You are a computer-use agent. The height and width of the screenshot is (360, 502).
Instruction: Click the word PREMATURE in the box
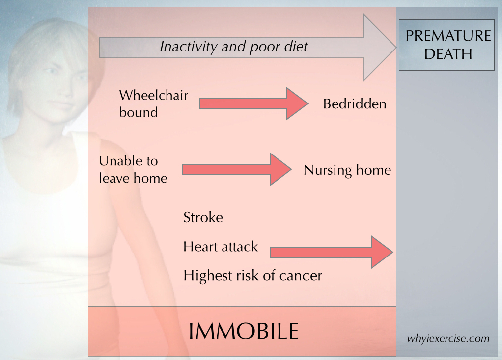click(x=448, y=36)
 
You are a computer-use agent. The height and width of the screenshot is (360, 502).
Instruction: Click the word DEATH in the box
click(x=448, y=54)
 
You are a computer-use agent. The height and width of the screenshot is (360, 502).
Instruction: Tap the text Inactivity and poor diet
click(x=234, y=47)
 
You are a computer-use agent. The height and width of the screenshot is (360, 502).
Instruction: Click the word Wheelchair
click(x=154, y=95)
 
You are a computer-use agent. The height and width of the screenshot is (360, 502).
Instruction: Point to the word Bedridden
click(x=354, y=103)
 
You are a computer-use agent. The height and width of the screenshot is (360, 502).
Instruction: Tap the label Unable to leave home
click(x=133, y=169)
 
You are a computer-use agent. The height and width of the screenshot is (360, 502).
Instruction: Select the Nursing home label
click(x=347, y=170)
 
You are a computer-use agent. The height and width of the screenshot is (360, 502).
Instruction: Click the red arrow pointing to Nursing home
click(x=237, y=169)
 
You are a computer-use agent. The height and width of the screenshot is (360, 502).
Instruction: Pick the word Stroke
click(x=203, y=217)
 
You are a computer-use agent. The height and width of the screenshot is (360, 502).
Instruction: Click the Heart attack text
click(x=221, y=247)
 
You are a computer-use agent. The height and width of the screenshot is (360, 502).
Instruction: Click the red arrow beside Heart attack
click(x=332, y=252)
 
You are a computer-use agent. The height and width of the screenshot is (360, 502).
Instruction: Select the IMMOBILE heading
click(x=244, y=331)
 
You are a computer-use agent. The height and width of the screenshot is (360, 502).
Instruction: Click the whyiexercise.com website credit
click(x=448, y=339)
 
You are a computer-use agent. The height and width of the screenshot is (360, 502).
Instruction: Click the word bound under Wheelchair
click(x=138, y=112)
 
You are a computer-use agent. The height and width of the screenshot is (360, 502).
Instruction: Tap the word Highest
click(x=208, y=276)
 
